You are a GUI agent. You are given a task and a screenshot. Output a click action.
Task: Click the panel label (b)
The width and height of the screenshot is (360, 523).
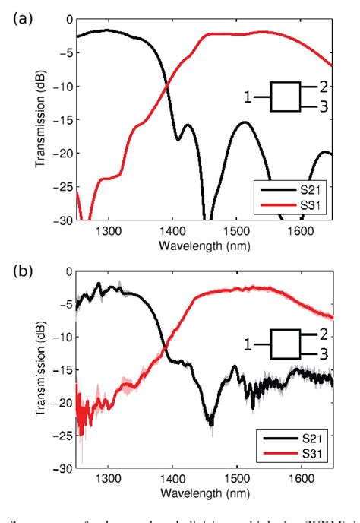(21, 269)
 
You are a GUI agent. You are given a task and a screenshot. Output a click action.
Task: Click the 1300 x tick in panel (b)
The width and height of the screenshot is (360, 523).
(109, 480)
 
